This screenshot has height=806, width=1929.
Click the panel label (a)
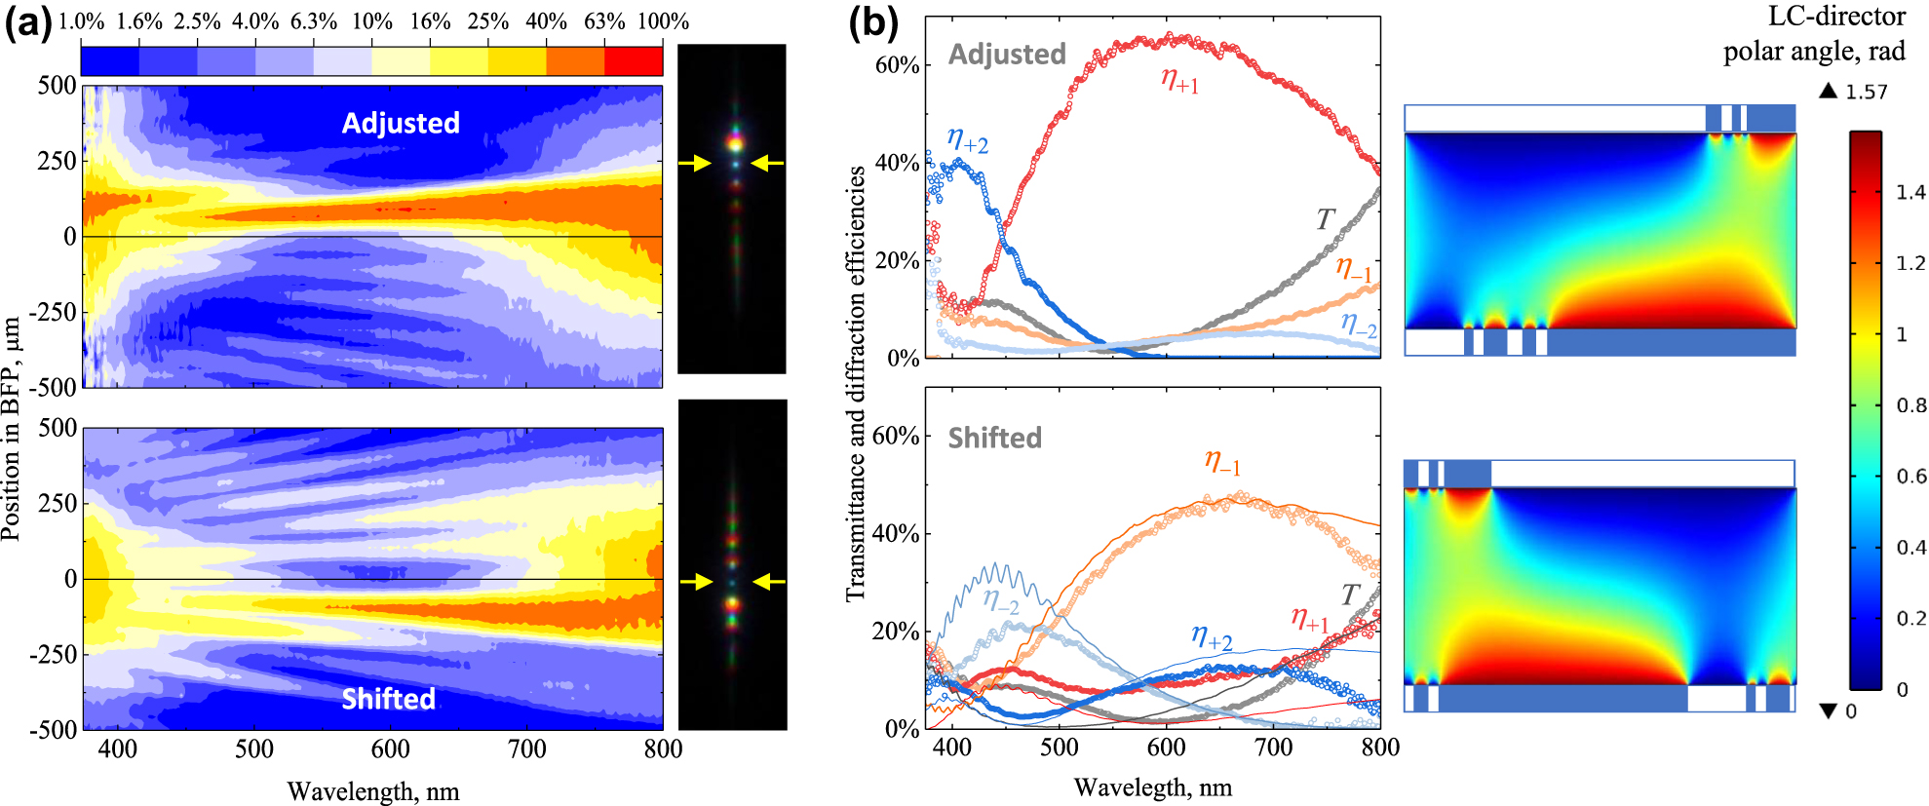[27, 21]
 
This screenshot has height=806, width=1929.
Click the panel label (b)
[872, 21]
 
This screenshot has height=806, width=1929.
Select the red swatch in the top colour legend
[634, 60]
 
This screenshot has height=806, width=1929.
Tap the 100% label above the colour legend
[663, 21]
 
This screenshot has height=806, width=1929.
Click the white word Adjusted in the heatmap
[401, 123]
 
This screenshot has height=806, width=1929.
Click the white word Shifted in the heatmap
[388, 699]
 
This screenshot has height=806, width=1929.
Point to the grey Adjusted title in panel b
[1007, 55]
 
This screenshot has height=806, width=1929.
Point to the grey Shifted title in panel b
[994, 438]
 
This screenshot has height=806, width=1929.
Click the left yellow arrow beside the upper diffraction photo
[695, 164]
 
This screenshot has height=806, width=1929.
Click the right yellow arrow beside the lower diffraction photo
[769, 582]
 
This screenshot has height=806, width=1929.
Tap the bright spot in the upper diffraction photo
[735, 144]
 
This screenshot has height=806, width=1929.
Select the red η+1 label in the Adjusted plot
[1179, 80]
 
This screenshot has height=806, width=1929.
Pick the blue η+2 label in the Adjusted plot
[967, 141]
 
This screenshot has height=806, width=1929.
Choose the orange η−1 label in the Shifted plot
[1222, 461]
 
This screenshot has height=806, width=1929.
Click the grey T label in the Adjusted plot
[1325, 219]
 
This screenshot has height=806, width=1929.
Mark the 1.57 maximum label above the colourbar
[1866, 93]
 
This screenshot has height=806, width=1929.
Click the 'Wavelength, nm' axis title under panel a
[372, 791]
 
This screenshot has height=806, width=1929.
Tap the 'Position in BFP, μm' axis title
[12, 429]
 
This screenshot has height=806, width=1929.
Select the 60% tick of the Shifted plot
[895, 436]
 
